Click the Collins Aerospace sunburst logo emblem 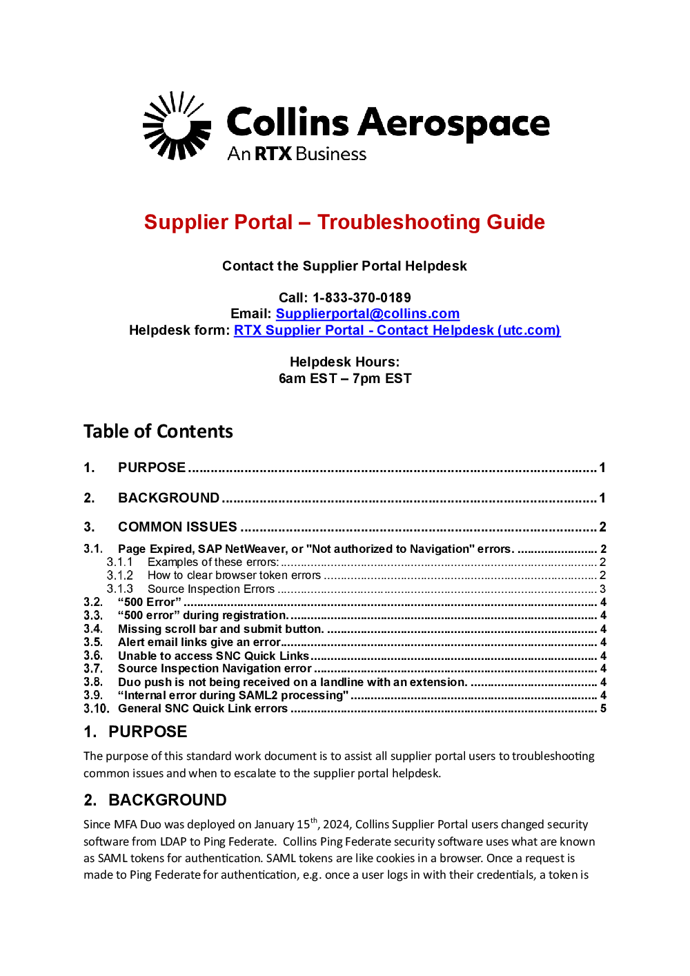tap(177, 126)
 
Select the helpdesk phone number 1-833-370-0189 tap(362, 297)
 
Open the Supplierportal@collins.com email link tap(367, 314)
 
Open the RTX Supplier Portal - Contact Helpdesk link tap(397, 331)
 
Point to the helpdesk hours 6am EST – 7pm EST tap(344, 379)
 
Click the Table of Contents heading tap(158, 431)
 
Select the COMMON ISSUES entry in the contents tap(177, 527)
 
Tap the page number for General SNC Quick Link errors tap(603, 709)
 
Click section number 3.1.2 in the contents tap(119, 576)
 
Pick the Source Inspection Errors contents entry tap(210, 589)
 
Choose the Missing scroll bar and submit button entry tap(220, 629)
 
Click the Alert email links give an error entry tap(199, 643)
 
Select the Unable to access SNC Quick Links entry tap(213, 656)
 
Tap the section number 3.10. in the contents tap(96, 709)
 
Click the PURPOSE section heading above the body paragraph tap(147, 732)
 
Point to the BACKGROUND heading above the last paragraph tap(167, 800)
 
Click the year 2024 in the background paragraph tap(336, 825)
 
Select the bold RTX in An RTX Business tap(273, 154)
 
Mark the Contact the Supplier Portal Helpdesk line tap(344, 266)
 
